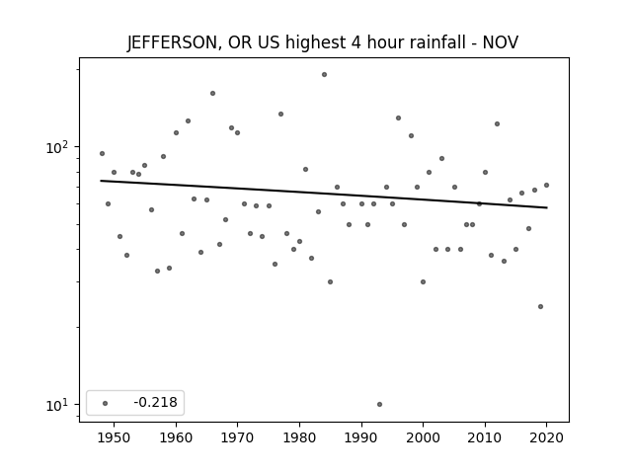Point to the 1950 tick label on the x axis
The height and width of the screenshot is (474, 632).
tap(114, 437)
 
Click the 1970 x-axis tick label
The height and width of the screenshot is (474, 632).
tap(237, 437)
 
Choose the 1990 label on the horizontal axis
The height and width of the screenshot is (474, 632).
tap(361, 437)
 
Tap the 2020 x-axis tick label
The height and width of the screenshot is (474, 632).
tap(546, 437)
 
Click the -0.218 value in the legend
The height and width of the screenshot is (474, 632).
tap(156, 402)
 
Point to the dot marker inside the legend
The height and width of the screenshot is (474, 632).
tap(106, 403)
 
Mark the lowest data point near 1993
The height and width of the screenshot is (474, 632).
tap(379, 404)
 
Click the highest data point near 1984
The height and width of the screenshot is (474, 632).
tap(324, 75)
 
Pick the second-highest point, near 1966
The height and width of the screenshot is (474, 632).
tap(213, 94)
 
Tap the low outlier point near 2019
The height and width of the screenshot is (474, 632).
tap(540, 307)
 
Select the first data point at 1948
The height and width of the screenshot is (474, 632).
tap(102, 154)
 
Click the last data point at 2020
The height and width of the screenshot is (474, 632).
tap(546, 186)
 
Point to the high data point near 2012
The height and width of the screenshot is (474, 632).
tap(497, 124)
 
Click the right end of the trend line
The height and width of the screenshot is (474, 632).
tap(547, 207)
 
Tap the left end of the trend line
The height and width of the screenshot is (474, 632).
tap(101, 181)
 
